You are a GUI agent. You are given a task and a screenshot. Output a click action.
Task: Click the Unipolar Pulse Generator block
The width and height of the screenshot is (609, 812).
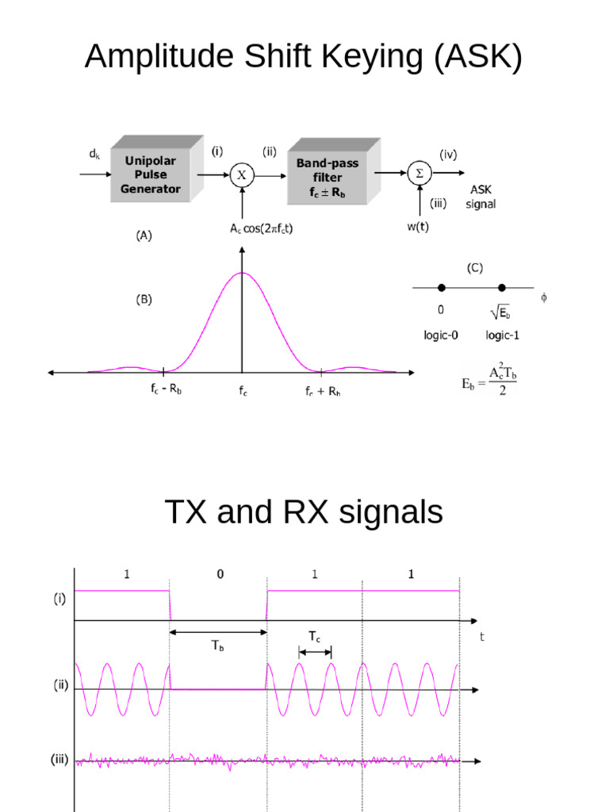point(151,174)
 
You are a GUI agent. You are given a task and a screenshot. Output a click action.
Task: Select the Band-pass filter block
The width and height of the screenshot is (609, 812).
point(327,177)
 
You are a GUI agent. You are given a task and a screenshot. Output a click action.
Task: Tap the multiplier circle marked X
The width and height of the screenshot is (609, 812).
point(242,175)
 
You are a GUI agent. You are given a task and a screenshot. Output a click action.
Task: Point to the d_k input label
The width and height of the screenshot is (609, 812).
point(94,156)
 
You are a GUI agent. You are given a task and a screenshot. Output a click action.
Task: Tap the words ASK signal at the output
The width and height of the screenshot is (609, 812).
point(481,197)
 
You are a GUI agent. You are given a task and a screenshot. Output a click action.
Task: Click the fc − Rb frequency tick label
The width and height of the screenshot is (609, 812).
point(163,391)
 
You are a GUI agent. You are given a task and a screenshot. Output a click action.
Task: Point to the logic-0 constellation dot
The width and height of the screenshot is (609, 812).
point(442,287)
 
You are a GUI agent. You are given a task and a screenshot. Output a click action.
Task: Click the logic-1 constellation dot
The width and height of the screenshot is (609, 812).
point(501,287)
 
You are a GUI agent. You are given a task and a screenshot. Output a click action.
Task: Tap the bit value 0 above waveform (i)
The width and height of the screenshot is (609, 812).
point(220,575)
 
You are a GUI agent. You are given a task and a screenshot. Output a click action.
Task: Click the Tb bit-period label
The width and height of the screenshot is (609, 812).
point(218,645)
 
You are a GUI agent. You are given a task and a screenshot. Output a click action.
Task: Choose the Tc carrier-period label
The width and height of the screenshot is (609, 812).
point(315,636)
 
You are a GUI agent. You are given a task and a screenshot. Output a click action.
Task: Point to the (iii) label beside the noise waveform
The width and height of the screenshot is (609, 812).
point(59,759)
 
